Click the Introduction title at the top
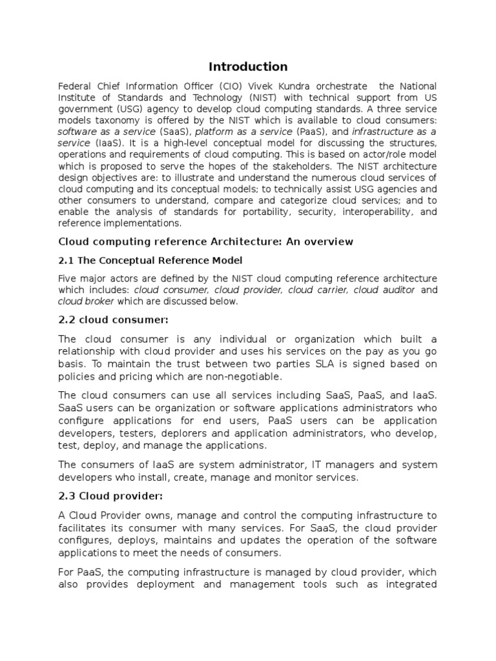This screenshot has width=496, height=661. pyautogui.click(x=248, y=66)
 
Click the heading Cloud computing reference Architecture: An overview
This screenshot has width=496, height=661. pyautogui.click(x=206, y=241)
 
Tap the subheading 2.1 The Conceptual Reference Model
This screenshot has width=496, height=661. pyautogui.click(x=150, y=260)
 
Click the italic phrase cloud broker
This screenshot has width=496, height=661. pyautogui.click(x=86, y=301)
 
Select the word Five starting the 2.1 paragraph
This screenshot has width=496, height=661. pyautogui.click(x=68, y=278)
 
